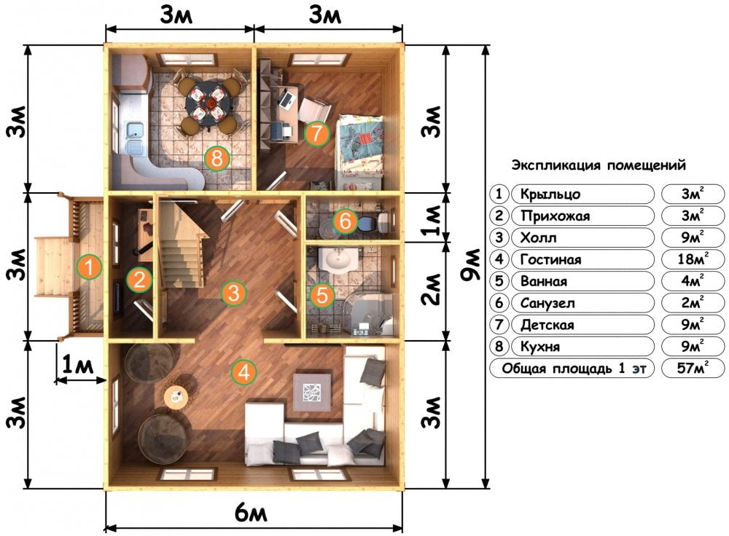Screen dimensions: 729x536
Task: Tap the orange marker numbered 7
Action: tap(316, 133)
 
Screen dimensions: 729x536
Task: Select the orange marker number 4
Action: tap(243, 373)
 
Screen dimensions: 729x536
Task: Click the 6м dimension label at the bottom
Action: tap(251, 513)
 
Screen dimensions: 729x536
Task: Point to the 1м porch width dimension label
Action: tap(78, 365)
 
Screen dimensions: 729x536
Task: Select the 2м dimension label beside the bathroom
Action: tap(432, 289)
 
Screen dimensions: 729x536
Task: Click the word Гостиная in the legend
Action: tap(550, 259)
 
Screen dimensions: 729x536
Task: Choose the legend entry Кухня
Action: tap(539, 347)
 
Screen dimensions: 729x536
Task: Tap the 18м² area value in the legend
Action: tap(693, 259)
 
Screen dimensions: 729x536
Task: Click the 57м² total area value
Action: tap(693, 368)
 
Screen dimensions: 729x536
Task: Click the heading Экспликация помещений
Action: tap(599, 165)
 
